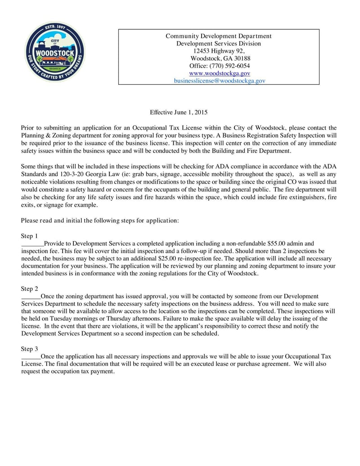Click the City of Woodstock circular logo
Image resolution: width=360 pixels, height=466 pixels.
point(54,51)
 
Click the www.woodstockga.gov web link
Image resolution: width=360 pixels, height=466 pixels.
point(219,73)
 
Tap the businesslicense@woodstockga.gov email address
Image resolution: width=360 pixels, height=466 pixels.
point(219,81)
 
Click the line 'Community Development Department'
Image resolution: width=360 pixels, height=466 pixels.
point(219,36)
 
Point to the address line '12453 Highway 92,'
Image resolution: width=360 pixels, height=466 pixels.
point(219,51)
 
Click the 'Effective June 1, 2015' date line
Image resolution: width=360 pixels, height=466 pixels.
point(179,112)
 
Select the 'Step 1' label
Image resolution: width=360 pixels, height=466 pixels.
point(29,236)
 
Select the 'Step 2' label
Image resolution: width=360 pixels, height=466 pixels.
point(29,289)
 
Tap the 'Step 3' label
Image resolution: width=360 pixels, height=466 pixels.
point(29,349)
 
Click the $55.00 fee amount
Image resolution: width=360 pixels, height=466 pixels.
point(276,244)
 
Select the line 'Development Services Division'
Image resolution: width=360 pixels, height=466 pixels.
point(219,44)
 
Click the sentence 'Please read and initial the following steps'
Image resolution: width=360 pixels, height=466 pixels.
point(100,221)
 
